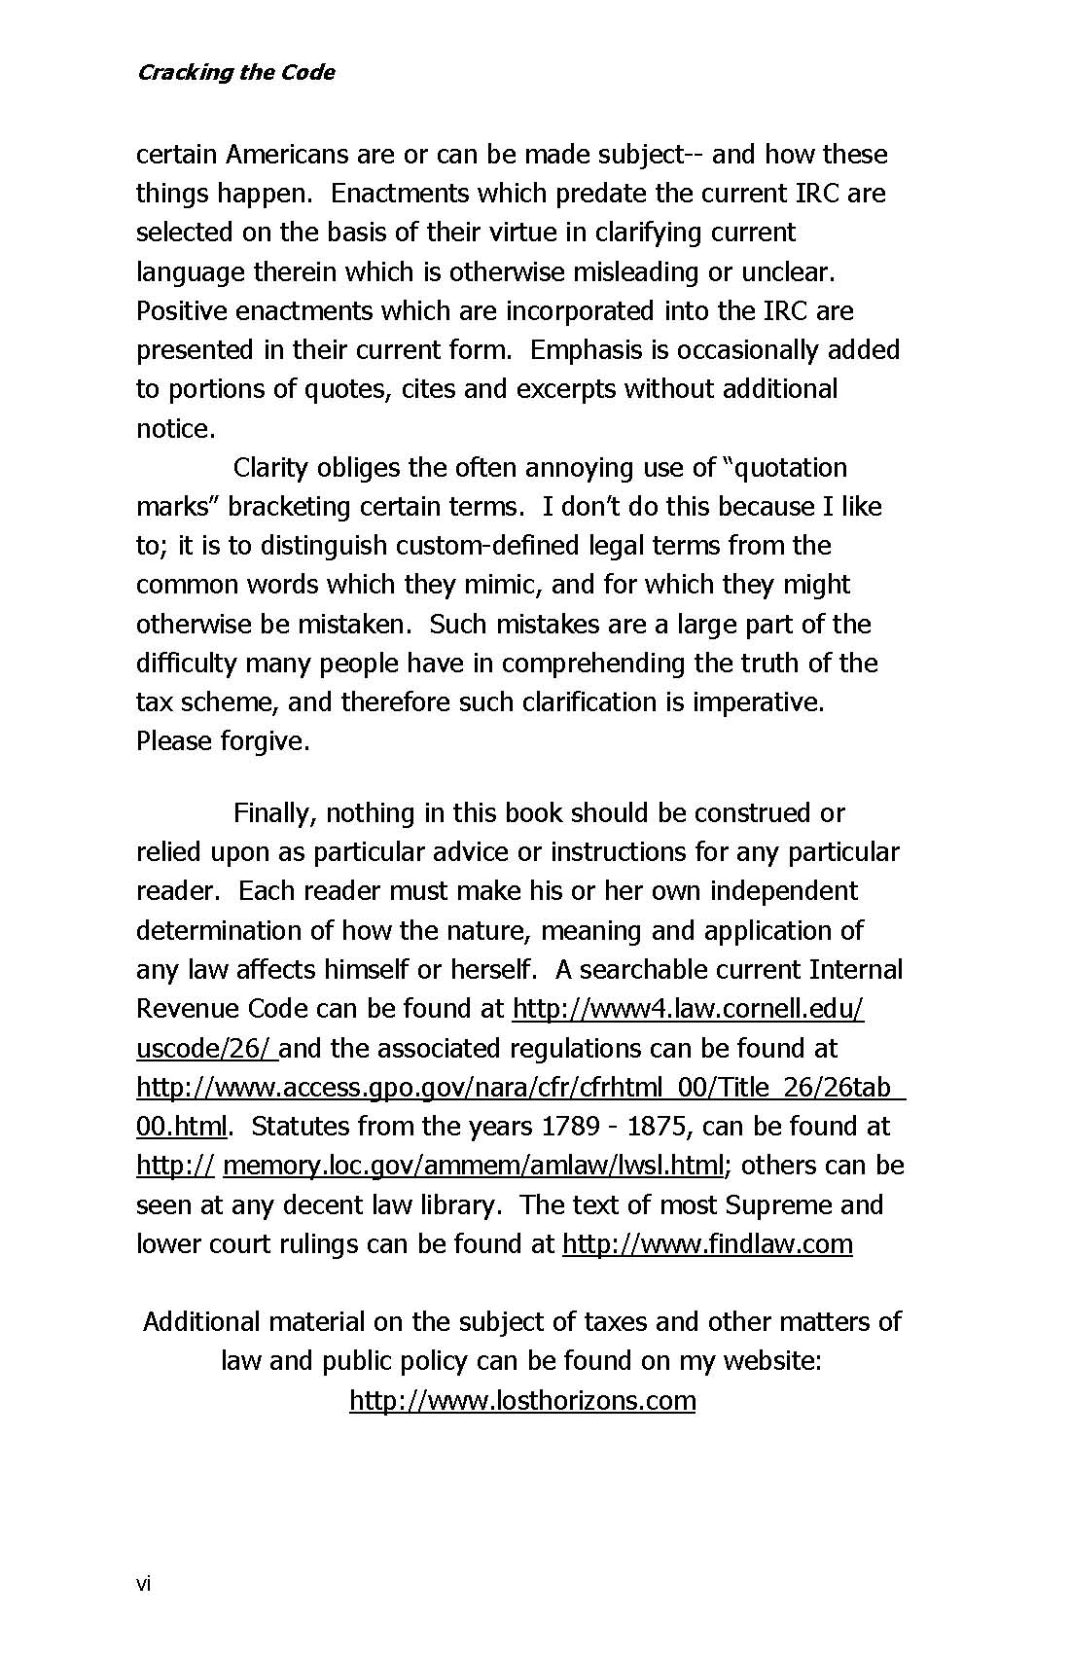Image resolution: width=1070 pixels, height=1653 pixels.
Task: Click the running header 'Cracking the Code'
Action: (x=235, y=72)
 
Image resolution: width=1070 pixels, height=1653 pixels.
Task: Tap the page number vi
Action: (x=144, y=1585)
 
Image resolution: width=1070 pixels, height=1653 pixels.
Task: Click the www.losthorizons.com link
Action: (x=522, y=1400)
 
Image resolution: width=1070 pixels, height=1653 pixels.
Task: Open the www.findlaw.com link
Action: (x=707, y=1243)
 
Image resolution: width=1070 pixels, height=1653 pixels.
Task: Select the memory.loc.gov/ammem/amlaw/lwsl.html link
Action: (x=474, y=1165)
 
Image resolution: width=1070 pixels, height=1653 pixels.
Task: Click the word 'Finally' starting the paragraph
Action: (x=273, y=812)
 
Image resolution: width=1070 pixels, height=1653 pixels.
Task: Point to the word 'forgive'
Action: (x=265, y=740)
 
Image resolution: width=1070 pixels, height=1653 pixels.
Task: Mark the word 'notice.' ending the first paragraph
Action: (x=175, y=428)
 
